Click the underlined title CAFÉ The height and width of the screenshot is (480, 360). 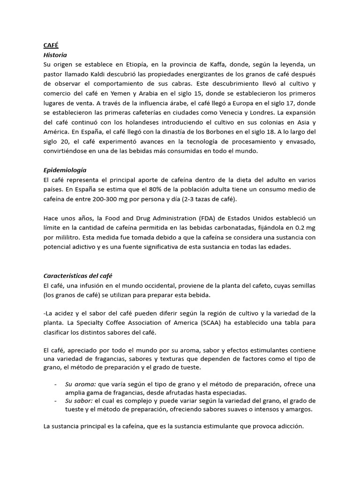pos(51,45)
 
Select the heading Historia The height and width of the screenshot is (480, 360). pos(55,55)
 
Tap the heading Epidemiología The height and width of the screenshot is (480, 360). pos(66,170)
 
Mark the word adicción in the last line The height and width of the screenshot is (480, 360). pos(288,427)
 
